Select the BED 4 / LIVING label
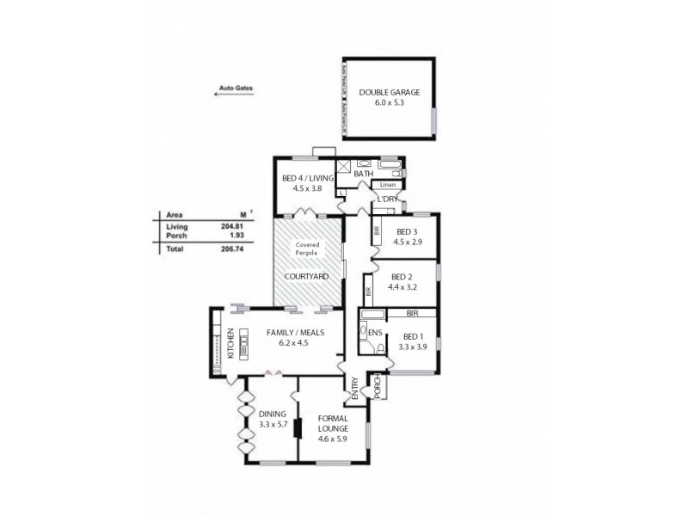click(307, 179)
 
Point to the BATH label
click(363, 174)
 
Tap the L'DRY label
click(386, 200)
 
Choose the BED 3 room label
click(408, 232)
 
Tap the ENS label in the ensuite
click(375, 331)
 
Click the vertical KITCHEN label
click(230, 342)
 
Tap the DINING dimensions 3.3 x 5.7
click(272, 424)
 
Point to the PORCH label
click(376, 388)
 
